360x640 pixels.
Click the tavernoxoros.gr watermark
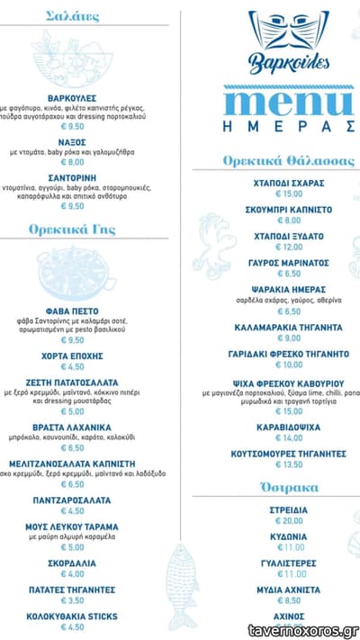tap(303, 631)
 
